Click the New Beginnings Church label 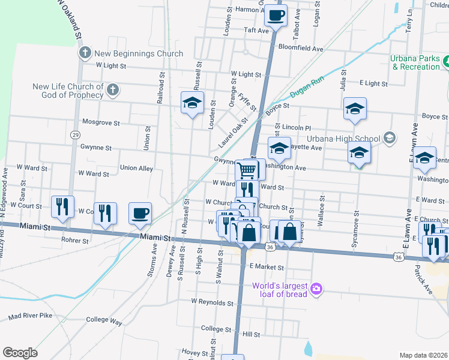click(x=139, y=54)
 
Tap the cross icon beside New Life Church click(x=112, y=91)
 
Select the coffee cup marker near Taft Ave click(x=276, y=16)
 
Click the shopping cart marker click(x=247, y=170)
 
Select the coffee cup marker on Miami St click(x=140, y=214)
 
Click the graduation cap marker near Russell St click(x=193, y=103)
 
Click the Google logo click(x=20, y=353)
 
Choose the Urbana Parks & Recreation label click(x=415, y=62)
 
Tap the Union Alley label click(x=136, y=169)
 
